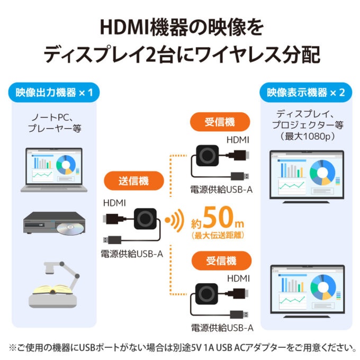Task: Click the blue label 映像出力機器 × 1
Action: click(x=54, y=92)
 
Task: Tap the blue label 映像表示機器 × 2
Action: click(x=305, y=92)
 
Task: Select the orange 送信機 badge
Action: click(x=134, y=181)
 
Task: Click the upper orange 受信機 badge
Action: click(x=220, y=122)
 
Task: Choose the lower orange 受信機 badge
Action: click(x=221, y=260)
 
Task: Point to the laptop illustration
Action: click(x=54, y=170)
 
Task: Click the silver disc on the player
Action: click(x=69, y=229)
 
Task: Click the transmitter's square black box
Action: click(x=146, y=219)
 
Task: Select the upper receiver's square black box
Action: click(x=208, y=156)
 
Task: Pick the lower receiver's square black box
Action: click(x=206, y=294)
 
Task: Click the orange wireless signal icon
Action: click(x=175, y=220)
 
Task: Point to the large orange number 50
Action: click(x=218, y=217)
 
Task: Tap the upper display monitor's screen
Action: click(x=307, y=174)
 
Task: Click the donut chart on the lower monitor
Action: click(x=323, y=287)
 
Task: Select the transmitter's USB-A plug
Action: click(x=112, y=240)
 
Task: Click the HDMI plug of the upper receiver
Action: click(x=239, y=156)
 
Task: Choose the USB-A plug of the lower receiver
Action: click(x=239, y=314)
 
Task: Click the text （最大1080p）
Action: click(x=307, y=137)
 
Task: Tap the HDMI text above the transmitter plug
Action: click(x=114, y=203)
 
